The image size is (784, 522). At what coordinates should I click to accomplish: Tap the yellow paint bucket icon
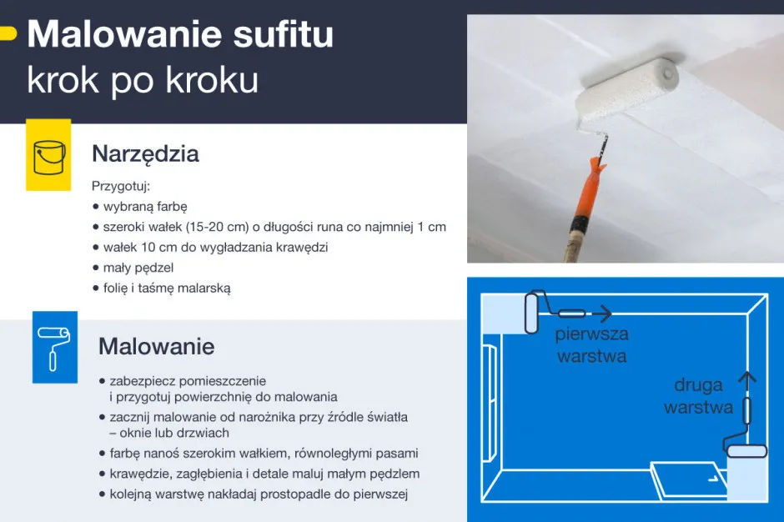tap(48, 155)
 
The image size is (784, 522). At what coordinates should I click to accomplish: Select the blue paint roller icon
tap(54, 347)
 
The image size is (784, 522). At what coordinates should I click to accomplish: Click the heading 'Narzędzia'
tap(145, 154)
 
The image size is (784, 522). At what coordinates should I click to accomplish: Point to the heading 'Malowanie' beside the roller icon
tap(156, 346)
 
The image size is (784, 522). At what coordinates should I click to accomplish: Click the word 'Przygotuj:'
tap(121, 186)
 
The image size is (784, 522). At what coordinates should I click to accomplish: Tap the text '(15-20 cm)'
tap(216, 227)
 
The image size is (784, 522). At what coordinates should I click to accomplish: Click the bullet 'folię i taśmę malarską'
tap(166, 289)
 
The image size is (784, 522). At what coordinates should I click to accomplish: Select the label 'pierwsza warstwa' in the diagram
tap(592, 345)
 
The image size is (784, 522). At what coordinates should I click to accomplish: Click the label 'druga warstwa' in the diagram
tap(698, 396)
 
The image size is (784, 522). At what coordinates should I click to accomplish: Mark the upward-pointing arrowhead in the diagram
tap(747, 378)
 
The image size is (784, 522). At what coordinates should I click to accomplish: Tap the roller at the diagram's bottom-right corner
tap(746, 451)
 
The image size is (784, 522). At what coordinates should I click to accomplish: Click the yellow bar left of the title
tap(8, 34)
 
